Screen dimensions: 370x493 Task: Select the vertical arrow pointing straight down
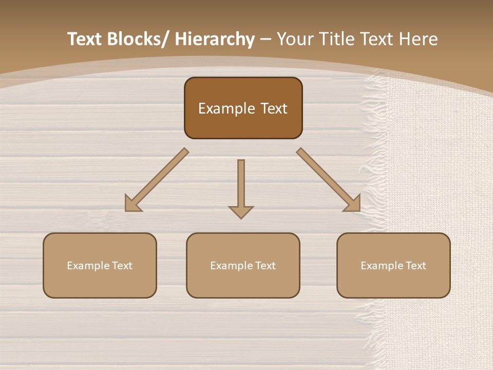click(x=241, y=185)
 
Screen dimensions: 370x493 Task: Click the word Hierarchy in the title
click(x=214, y=39)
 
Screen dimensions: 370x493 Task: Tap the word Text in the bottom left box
click(x=122, y=266)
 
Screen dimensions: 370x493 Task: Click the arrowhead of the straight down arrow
click(x=241, y=212)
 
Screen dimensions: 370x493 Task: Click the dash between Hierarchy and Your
click(x=265, y=39)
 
